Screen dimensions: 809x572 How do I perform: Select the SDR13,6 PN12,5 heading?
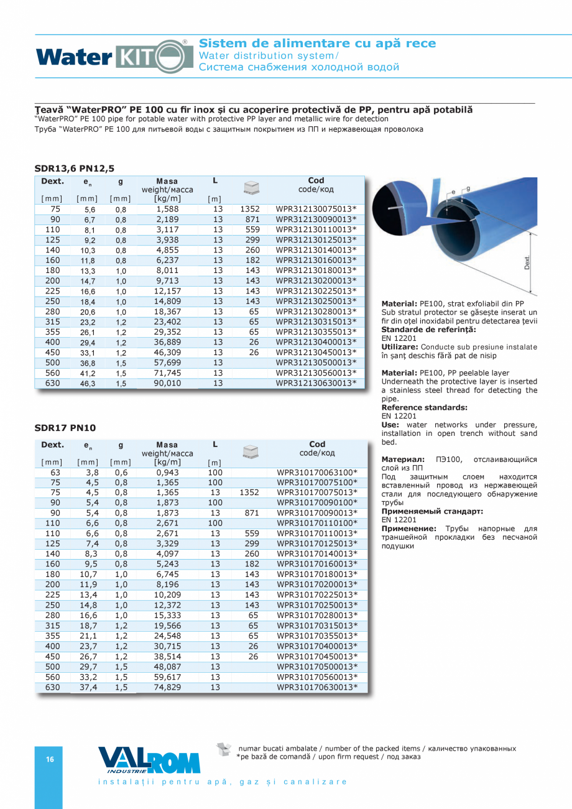tap(75, 168)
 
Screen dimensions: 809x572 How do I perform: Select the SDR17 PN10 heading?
tap(66, 427)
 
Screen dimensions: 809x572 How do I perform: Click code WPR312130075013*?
tap(316, 209)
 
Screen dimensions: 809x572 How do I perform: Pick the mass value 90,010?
tap(167, 383)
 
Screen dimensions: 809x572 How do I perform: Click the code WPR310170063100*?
tap(317, 472)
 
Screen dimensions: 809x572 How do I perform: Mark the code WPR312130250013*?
tap(316, 301)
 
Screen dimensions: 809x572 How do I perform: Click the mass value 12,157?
tap(167, 291)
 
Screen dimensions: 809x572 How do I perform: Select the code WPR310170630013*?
tap(317, 687)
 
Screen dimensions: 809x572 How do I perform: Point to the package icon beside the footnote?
tap(224, 749)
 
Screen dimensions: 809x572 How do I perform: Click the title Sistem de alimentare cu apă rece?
tap(318, 44)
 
